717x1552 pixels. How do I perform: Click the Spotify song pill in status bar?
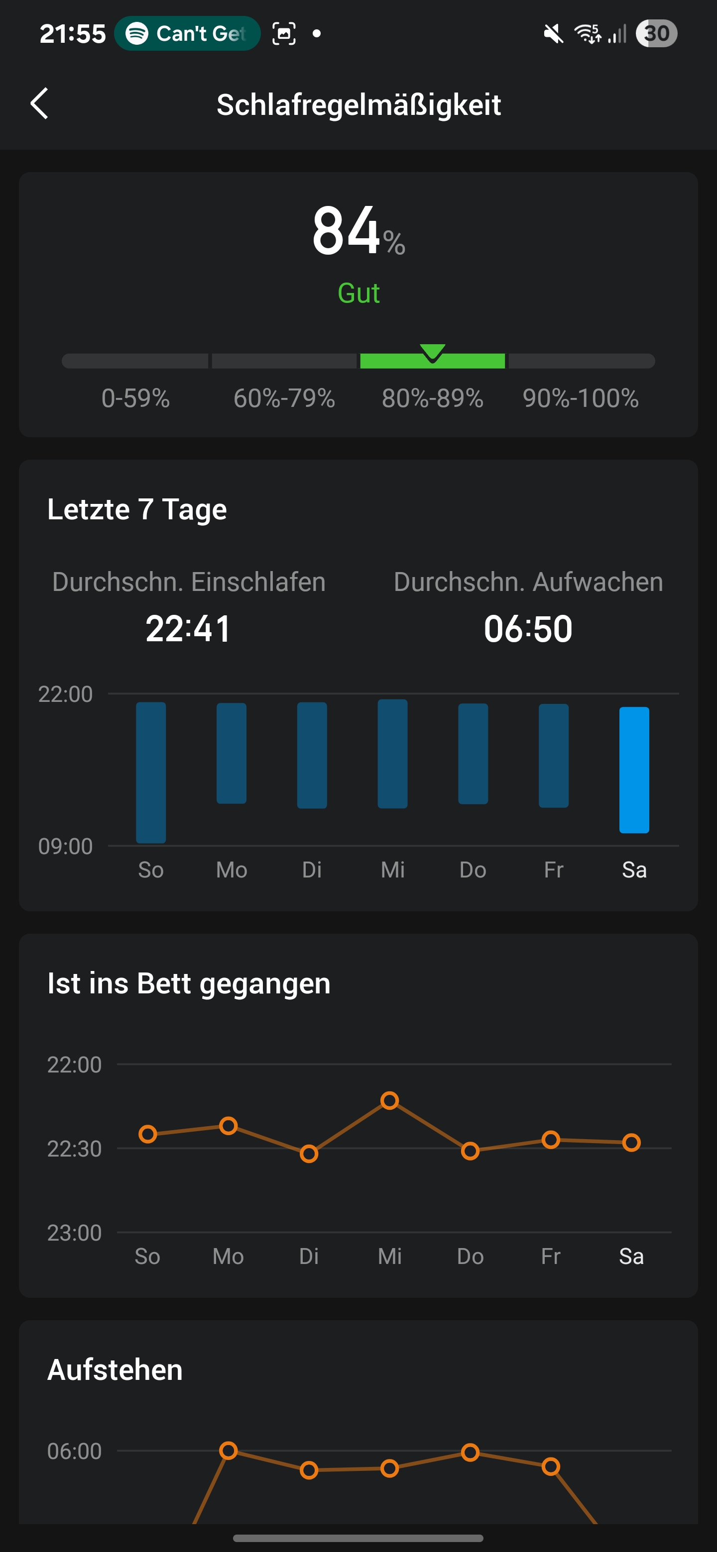point(187,34)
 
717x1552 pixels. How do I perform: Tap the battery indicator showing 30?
point(656,34)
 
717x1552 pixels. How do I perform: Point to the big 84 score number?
point(346,231)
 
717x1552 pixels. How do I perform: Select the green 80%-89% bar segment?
point(432,361)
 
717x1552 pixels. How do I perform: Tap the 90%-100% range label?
point(580,398)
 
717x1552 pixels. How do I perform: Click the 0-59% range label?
point(135,398)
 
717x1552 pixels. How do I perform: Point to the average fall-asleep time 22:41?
point(188,629)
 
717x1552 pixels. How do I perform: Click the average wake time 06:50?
point(528,629)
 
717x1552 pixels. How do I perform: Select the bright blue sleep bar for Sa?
point(634,770)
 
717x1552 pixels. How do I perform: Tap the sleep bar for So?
point(151,772)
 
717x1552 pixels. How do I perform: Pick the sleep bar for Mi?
point(392,753)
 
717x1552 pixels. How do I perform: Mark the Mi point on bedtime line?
point(389,1101)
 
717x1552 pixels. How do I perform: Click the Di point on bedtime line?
point(309,1154)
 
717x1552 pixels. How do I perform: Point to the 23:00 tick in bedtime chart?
point(74,1233)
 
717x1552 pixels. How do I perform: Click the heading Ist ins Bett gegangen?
point(189,983)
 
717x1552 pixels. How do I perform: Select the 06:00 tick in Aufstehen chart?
point(74,1452)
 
